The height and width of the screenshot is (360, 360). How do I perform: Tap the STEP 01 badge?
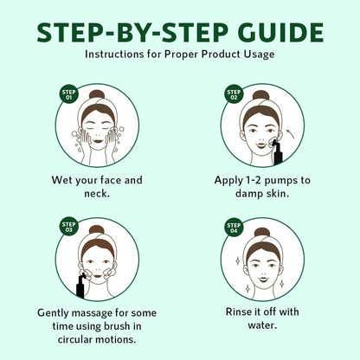(x=68, y=94)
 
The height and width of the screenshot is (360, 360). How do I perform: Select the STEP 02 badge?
(x=234, y=94)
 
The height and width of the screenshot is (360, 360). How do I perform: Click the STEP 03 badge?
(x=68, y=227)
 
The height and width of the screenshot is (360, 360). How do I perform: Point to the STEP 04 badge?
(x=234, y=228)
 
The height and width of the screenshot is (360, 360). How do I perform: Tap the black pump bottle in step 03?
(x=80, y=286)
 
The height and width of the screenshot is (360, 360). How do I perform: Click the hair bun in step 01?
(x=97, y=94)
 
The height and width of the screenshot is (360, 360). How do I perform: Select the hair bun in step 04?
(x=261, y=233)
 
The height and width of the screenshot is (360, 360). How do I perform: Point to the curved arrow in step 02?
(x=289, y=133)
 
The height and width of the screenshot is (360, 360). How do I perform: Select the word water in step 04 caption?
(x=262, y=325)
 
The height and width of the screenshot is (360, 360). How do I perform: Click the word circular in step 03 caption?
(x=75, y=339)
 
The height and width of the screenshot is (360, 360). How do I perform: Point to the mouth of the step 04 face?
(x=262, y=279)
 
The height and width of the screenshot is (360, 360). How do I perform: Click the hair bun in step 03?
(x=97, y=230)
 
